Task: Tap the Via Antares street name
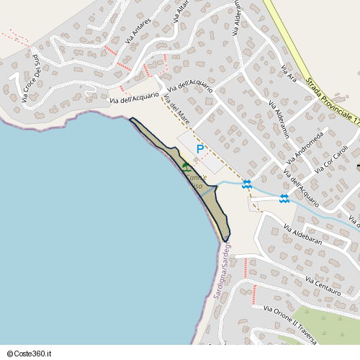point(138,31)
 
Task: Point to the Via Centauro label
point(323,280)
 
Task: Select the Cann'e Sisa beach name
point(197,181)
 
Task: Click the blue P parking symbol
point(200,150)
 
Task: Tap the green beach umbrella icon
point(186,166)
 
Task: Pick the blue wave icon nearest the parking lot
point(247,184)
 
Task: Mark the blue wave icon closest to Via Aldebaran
point(284,199)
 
